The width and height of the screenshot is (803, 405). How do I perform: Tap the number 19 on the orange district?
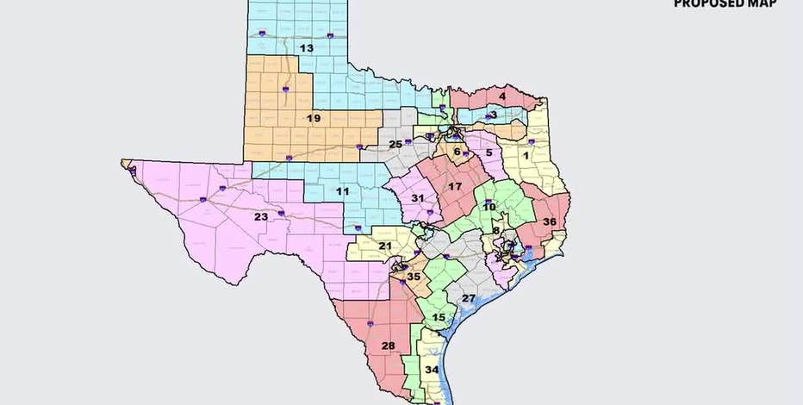314,118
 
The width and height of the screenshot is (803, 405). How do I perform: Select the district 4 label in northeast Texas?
501,97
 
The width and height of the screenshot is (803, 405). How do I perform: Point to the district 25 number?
395,144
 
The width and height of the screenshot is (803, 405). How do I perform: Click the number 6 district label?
458,152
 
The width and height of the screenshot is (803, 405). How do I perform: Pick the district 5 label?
488,153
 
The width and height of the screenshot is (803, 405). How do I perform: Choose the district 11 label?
342,190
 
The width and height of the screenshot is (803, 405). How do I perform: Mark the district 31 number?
417,198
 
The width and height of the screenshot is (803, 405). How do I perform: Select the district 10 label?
489,207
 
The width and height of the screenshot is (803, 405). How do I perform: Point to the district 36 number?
549,221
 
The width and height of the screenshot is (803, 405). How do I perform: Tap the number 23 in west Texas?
260,217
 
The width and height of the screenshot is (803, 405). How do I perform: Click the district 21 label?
385,246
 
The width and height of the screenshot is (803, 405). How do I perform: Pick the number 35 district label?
414,277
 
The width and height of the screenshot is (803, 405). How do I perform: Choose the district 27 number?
468,298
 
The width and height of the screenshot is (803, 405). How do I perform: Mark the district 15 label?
439,318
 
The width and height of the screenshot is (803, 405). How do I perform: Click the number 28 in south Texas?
388,346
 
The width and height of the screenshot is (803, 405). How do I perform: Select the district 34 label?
432,371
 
